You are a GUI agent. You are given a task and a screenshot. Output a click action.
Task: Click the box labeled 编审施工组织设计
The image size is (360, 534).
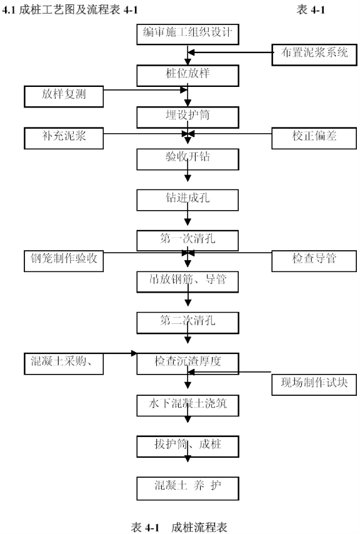[x=187, y=34]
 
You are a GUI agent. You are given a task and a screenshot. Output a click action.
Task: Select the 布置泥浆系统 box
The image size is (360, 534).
[x=314, y=54]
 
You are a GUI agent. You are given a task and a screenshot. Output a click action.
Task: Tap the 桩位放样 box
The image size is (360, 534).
[x=187, y=76]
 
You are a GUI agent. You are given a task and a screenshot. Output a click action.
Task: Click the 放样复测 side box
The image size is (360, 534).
[x=64, y=96]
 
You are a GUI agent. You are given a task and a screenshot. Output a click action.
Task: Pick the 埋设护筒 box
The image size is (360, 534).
[x=187, y=117]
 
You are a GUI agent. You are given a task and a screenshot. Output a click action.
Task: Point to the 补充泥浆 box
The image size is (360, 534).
[x=64, y=138]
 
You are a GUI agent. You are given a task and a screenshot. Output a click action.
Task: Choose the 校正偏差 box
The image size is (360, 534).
[x=314, y=138]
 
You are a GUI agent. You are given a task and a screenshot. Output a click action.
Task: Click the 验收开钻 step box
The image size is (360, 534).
[x=187, y=159]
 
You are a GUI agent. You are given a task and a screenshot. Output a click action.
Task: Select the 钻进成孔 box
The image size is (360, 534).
[x=187, y=200]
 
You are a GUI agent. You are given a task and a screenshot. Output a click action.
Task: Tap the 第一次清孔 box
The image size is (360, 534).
[x=187, y=241]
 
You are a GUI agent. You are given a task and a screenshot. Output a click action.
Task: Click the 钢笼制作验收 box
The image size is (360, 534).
[x=64, y=261]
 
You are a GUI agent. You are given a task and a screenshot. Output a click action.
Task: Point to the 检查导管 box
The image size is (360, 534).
[x=314, y=261]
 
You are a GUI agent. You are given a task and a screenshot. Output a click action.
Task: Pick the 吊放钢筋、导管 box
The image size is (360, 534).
[x=187, y=281]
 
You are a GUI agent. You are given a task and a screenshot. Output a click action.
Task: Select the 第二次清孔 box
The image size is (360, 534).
[x=187, y=323]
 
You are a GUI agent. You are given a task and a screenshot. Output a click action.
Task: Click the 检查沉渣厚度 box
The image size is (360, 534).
[x=187, y=364]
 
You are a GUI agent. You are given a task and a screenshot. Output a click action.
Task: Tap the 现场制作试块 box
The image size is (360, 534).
[x=314, y=385]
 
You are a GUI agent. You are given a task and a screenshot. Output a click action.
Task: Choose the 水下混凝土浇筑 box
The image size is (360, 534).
[x=187, y=405]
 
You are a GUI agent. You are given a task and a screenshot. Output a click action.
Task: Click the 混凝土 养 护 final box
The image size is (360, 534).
[x=187, y=488]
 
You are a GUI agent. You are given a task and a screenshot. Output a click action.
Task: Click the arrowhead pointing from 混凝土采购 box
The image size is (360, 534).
[x=134, y=353]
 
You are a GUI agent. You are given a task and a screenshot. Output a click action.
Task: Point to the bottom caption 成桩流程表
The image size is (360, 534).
[x=199, y=527]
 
